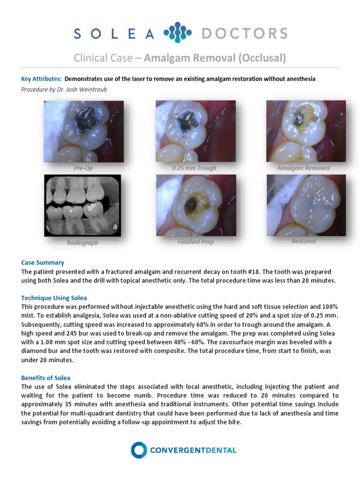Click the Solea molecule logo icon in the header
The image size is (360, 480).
[x=177, y=33]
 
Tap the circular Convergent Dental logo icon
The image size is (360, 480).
[x=139, y=450]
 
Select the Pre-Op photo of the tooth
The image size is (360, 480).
[x=83, y=132]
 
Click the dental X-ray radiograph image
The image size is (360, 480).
[x=82, y=205]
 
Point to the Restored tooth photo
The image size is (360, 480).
[x=306, y=205]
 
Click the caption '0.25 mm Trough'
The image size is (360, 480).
[x=194, y=168]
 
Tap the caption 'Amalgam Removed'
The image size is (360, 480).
[x=303, y=168]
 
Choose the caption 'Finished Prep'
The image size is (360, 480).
[x=195, y=242]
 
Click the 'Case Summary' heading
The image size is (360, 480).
[x=43, y=262]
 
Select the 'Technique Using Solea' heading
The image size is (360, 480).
[x=54, y=298]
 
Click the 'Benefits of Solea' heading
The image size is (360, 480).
[x=46, y=377]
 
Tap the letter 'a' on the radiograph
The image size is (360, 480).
[x=114, y=227]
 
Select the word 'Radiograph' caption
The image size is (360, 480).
[x=82, y=243]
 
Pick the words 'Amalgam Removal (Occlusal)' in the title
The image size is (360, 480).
[x=215, y=58]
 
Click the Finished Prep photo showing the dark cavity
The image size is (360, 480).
[x=195, y=205]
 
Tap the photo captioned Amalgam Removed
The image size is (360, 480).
[x=306, y=132]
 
